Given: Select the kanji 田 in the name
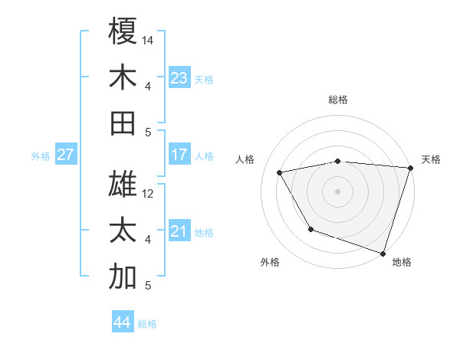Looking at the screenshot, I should tap(123, 123).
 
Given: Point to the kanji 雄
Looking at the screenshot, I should tap(123, 185).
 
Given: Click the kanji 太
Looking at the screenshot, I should tap(123, 231).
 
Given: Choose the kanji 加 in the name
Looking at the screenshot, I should tap(123, 277).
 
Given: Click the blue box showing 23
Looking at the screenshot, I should tap(179, 78).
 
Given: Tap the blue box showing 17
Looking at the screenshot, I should tap(179, 155).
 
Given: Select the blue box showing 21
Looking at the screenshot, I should tap(179, 232).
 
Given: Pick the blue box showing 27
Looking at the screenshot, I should tap(65, 155).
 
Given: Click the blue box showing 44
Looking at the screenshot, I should tap(123, 322).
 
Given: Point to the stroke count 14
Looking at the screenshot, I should tap(149, 40).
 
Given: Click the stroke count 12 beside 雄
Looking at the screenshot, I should tap(149, 194).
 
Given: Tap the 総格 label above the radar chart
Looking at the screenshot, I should tap(337, 100).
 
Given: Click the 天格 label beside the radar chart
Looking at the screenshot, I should tap(431, 159).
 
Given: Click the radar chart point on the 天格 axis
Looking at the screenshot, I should tap(410, 168).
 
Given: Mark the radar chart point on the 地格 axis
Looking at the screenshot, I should tap(383, 253).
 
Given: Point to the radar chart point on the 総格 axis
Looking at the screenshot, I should tap(337, 161).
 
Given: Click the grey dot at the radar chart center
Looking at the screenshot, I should tap(337, 191).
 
